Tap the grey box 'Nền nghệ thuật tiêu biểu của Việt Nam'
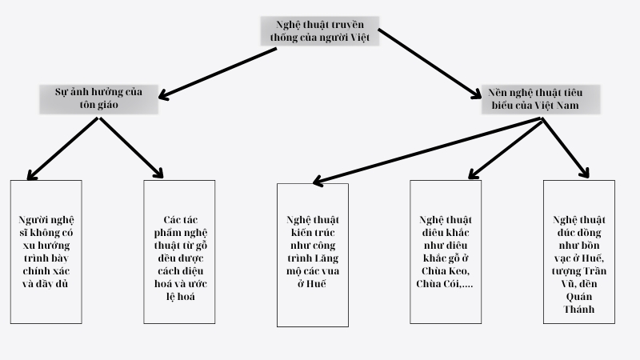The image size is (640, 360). (x=541, y=98)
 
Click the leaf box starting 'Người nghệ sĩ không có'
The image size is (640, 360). (x=46, y=252)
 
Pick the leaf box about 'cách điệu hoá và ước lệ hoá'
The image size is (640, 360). (x=179, y=252)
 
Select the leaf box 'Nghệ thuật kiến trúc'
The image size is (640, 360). (x=313, y=254)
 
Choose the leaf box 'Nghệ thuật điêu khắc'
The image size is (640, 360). (x=446, y=252)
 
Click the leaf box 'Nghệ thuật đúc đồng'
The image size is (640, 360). (x=578, y=252)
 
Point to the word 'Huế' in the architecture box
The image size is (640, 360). (x=319, y=283)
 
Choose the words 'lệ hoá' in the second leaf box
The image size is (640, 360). (x=179, y=295)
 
